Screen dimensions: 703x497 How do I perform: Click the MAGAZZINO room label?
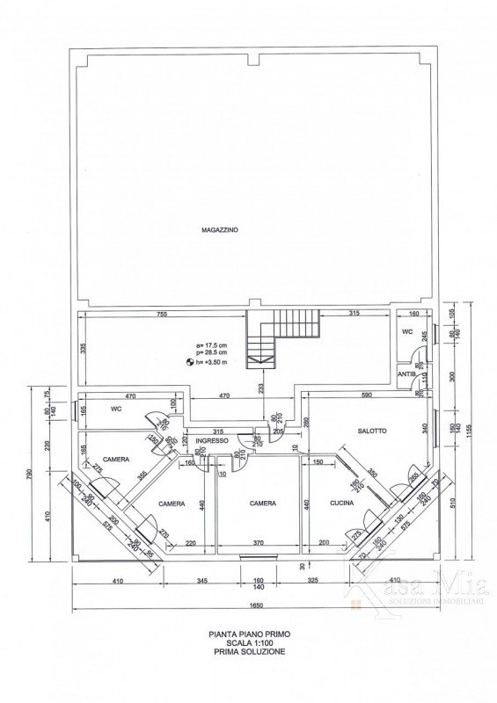(219, 229)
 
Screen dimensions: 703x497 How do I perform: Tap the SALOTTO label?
(374, 431)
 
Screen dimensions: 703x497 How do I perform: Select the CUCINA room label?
(341, 504)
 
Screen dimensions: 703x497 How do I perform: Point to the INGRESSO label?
(212, 440)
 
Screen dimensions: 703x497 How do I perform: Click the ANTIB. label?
(407, 374)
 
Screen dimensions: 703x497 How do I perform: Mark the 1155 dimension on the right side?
(471, 431)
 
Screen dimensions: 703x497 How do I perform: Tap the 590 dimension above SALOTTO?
(368, 396)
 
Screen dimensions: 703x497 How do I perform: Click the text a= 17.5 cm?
(213, 344)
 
